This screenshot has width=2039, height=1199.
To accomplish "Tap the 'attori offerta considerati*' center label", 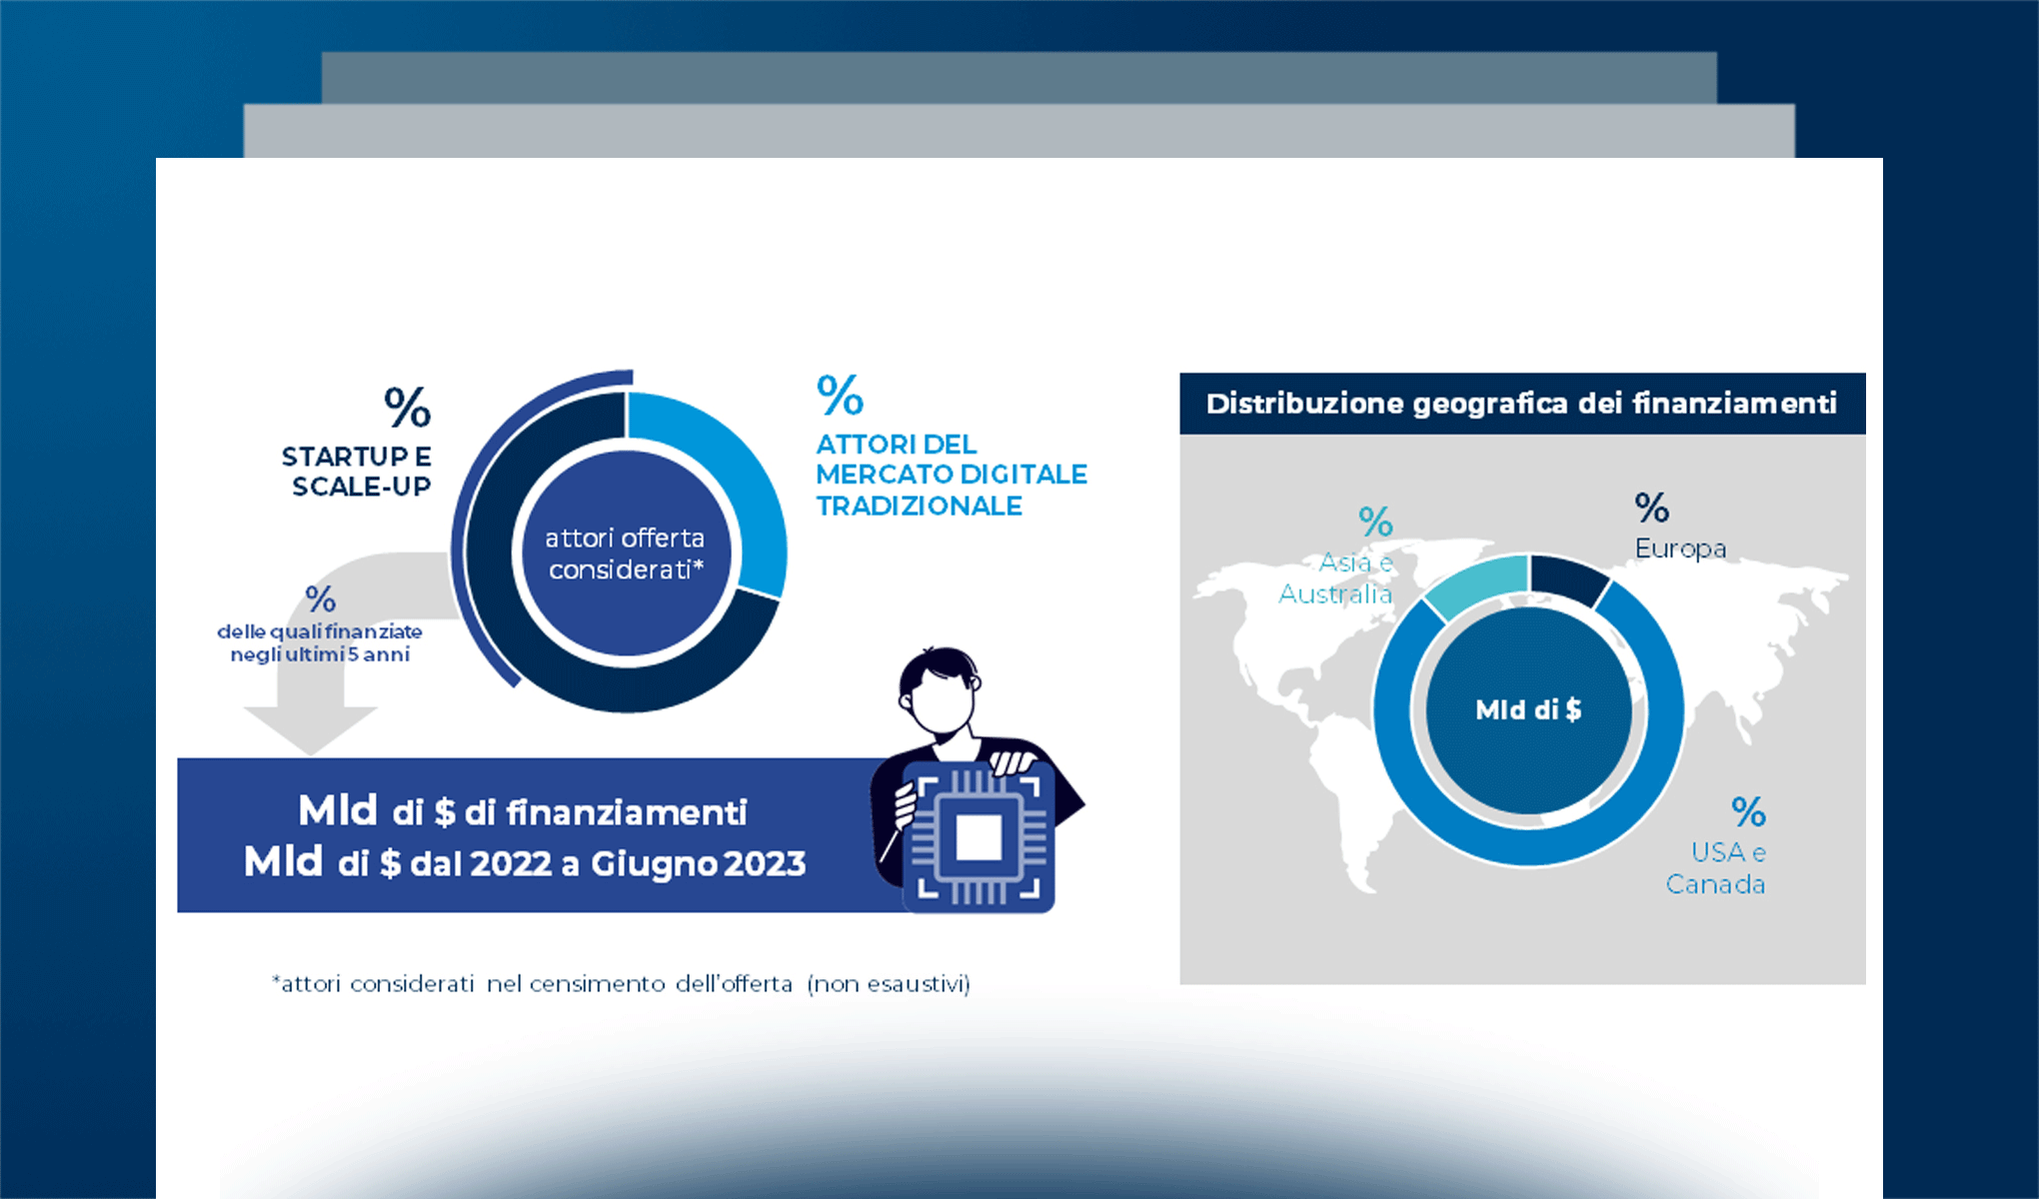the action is point(626,554).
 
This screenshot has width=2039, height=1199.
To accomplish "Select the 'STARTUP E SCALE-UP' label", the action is point(357,472).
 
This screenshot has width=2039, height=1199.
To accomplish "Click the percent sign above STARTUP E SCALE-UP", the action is point(407,407).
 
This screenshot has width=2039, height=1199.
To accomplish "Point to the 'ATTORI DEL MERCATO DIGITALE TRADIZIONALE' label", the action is point(952,475).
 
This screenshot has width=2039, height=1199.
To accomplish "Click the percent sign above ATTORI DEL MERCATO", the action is point(840,395).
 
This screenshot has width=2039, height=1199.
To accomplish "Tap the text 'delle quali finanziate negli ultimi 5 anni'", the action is point(320,642).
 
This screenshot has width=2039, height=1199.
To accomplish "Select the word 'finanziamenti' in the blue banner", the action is point(627,812).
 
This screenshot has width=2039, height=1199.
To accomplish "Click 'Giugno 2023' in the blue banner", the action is point(698,863).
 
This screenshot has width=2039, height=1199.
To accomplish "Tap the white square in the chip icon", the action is point(979,837).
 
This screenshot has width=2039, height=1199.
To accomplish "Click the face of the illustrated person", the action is point(941,699).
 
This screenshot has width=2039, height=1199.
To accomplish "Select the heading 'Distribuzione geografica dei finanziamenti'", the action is point(1521,403).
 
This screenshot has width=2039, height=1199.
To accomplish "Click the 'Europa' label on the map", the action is point(1680,549).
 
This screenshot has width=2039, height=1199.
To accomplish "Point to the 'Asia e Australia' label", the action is point(1336,579).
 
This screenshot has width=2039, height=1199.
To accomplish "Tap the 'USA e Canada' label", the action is point(1715,868).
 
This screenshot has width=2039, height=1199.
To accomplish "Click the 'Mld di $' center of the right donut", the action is point(1528,709).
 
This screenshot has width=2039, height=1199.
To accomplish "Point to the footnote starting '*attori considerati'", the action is point(621,984).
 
